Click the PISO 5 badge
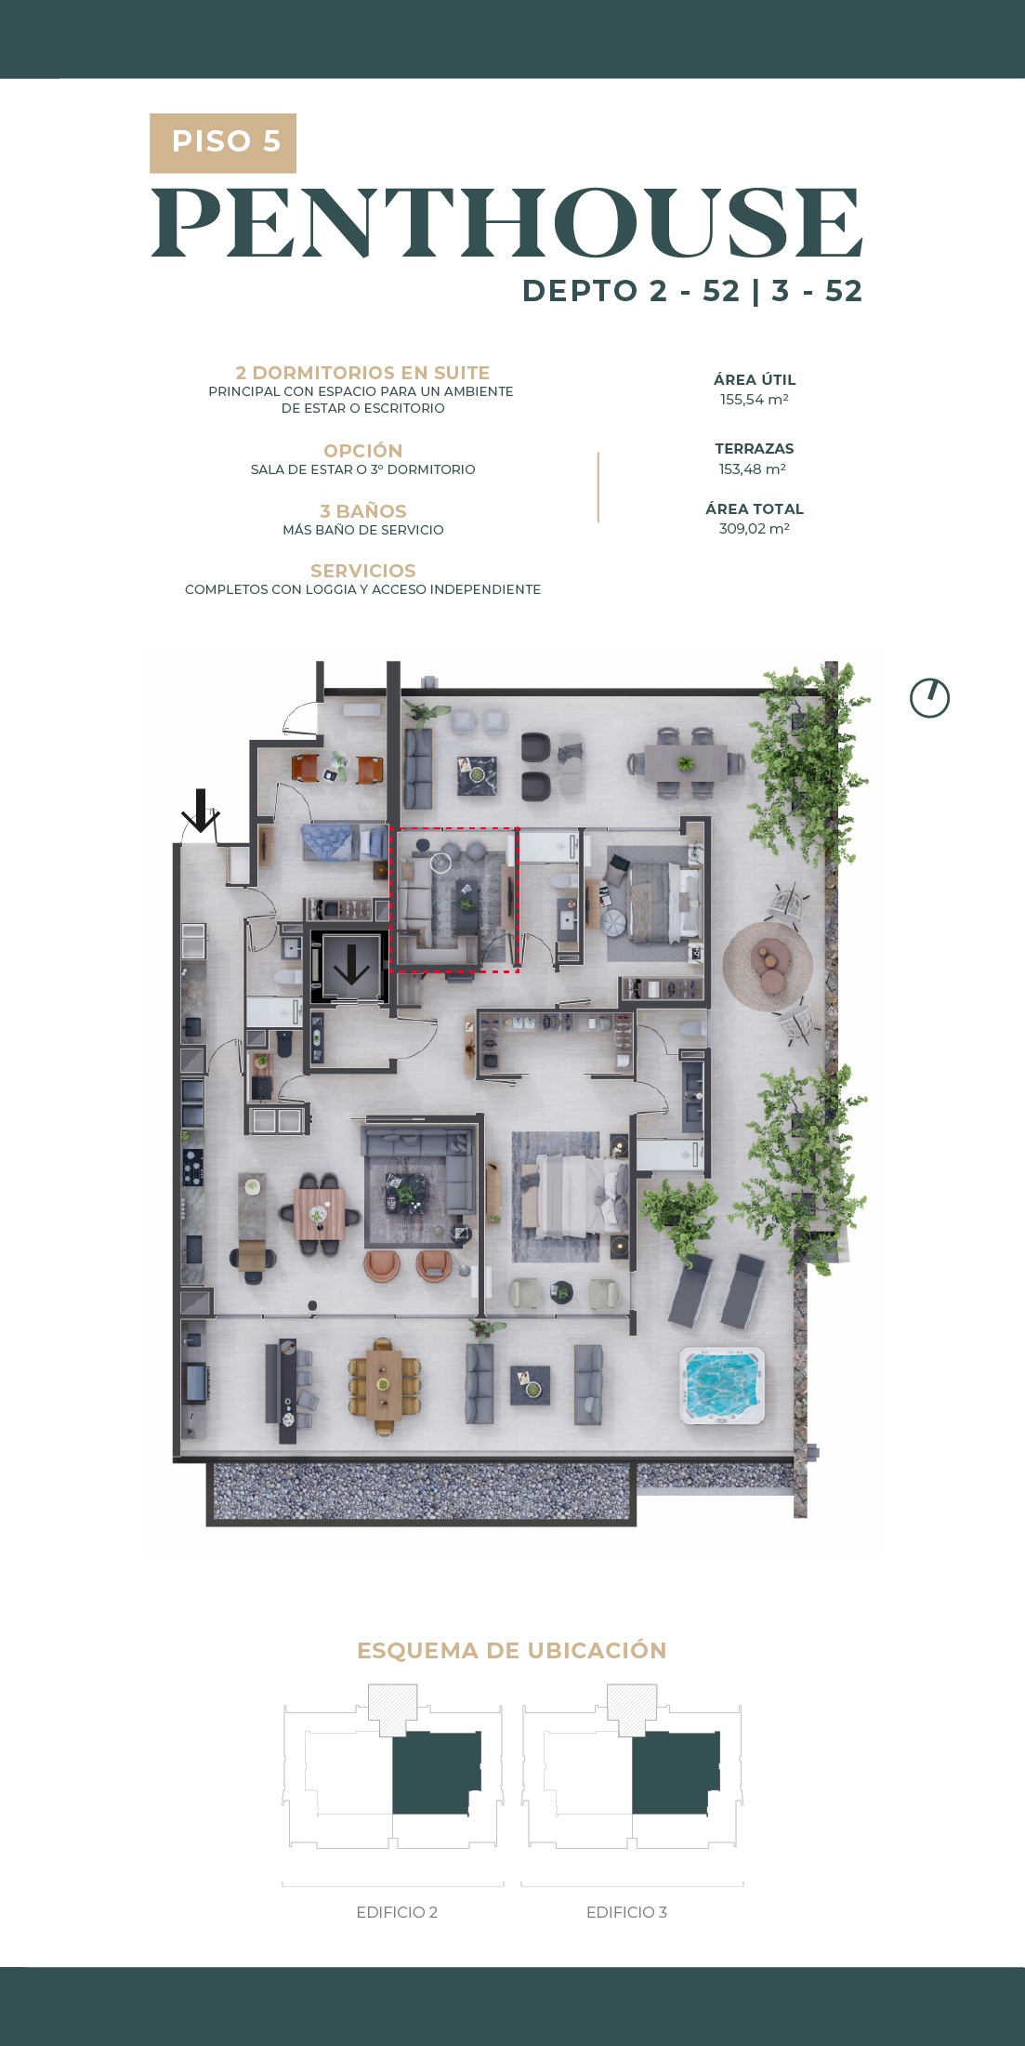coord(223,143)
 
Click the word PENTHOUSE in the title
coord(507,223)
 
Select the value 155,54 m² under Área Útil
coord(754,400)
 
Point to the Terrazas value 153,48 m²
coord(753,469)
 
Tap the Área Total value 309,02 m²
coord(754,528)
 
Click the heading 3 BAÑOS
coord(363,511)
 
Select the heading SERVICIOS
coord(363,571)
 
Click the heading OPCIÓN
coord(363,451)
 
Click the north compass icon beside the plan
coord(929,698)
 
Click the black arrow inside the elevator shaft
coord(351,964)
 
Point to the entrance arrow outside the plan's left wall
coord(199,811)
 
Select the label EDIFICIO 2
coord(397,1912)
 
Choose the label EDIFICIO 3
coord(626,1912)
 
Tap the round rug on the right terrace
coord(768,966)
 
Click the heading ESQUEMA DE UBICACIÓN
coord(512,1651)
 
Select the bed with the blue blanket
coord(345,843)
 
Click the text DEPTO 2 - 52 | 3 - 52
coord(692,291)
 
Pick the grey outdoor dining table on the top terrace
coord(686,763)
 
